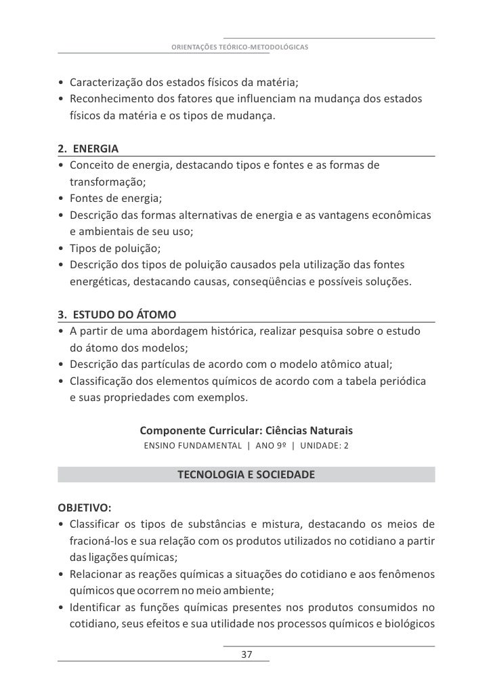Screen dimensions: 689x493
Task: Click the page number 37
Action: (246, 655)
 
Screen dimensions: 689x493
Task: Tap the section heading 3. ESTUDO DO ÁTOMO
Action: (117, 315)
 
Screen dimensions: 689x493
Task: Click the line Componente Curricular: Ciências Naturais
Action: (246, 431)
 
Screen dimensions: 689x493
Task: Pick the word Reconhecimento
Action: (106, 100)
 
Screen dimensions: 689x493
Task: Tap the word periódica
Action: (402, 381)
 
